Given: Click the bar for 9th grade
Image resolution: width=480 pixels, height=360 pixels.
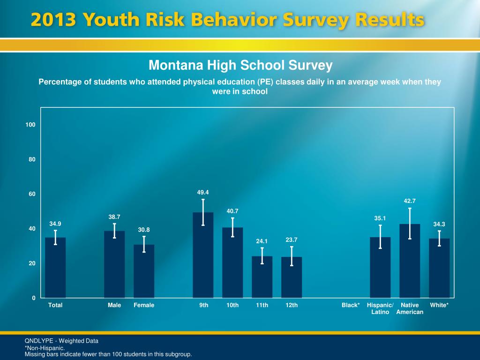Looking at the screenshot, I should click(203, 255).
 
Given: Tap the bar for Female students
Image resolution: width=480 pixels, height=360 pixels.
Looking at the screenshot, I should click(144, 271).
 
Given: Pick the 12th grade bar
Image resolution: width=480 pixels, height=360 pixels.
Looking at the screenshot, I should click(292, 277).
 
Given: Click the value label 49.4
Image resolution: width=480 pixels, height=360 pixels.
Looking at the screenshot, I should click(203, 192).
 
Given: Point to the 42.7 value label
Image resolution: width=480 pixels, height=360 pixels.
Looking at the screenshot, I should click(410, 201).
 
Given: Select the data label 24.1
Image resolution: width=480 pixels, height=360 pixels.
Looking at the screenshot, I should click(262, 241).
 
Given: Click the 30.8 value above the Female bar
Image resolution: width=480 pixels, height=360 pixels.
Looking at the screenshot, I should click(144, 229).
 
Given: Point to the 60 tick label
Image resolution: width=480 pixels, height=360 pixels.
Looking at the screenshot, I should click(32, 194).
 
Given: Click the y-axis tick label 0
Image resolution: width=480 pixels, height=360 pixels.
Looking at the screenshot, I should click(34, 298).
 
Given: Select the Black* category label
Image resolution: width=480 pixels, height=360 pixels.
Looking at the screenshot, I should click(351, 305).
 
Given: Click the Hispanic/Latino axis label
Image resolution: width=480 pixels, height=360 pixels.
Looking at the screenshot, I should click(380, 308).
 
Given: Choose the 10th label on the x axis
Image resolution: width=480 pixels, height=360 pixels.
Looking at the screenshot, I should click(232, 305).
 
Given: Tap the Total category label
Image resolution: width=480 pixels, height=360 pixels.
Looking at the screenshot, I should click(55, 305).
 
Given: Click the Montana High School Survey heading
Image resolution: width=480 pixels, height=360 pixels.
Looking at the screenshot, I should click(240, 65).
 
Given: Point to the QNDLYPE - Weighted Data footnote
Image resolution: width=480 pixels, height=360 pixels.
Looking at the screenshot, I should click(61, 341).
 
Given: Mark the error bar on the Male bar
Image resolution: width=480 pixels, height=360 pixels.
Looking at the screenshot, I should click(114, 231).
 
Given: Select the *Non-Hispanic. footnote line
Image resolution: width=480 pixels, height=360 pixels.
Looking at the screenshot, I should click(45, 348).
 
